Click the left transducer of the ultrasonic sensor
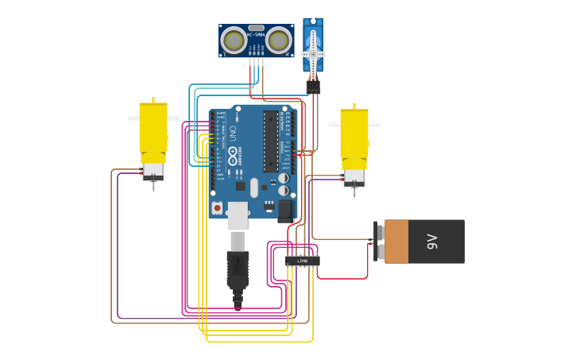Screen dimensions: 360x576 pyautogui.click(x=234, y=39)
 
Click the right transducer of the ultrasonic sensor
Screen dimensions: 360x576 pyautogui.click(x=278, y=39)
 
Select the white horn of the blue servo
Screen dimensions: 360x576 pyautogui.click(x=313, y=53)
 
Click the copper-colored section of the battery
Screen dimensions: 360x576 pyautogui.click(x=396, y=242)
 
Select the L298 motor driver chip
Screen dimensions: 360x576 pyautogui.click(x=303, y=260)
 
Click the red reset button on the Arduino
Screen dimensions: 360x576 pyautogui.click(x=217, y=207)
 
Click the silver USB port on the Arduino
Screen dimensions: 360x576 pyautogui.click(x=238, y=215)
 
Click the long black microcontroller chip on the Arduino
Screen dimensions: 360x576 pyautogui.click(x=271, y=141)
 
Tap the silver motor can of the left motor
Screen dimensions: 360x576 pyautogui.click(x=153, y=169)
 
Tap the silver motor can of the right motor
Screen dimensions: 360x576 pyautogui.click(x=354, y=176)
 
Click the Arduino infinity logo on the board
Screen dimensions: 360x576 pyautogui.click(x=233, y=153)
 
